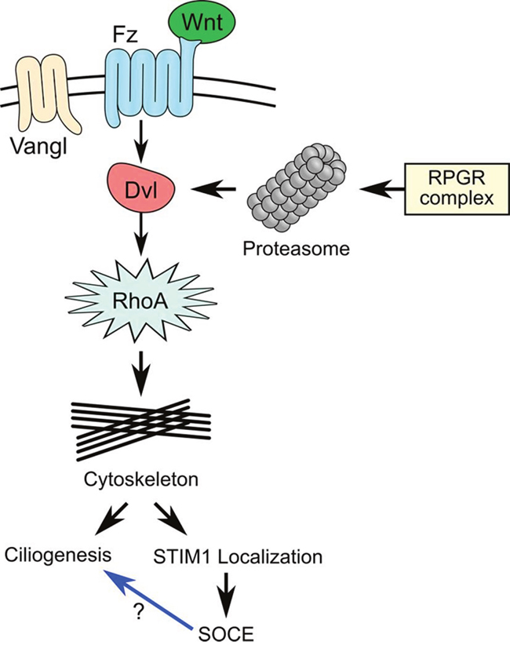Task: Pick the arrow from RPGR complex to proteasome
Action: pyautogui.click(x=380, y=189)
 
